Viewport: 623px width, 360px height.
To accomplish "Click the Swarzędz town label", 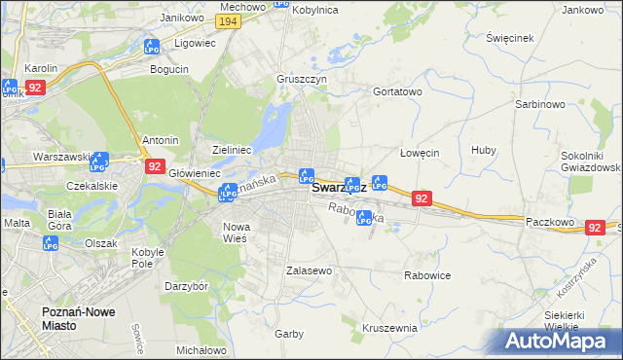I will coord(338,189).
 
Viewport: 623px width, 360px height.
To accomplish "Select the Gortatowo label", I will coord(397,90).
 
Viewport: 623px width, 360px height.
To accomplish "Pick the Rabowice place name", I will coord(427,275).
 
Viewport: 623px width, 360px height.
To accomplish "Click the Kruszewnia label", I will coord(388,328).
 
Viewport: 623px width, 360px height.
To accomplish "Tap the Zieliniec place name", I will coord(233,150).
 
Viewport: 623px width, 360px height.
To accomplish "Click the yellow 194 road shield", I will coord(229,20).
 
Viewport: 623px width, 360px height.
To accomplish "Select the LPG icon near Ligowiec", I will coord(151,46).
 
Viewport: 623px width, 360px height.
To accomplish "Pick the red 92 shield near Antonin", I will coord(155,166).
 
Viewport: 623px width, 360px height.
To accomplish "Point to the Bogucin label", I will coord(169,69).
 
